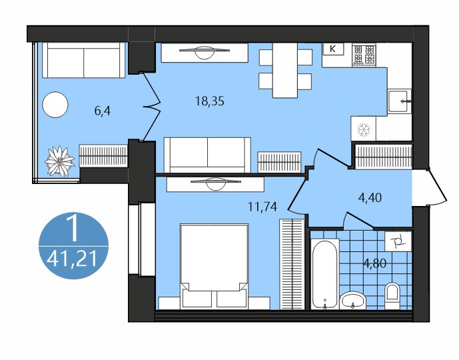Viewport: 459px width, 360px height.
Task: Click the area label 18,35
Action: [x=210, y=101]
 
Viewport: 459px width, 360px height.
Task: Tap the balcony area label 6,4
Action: [x=103, y=111]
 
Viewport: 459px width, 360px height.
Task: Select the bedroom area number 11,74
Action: [x=262, y=207]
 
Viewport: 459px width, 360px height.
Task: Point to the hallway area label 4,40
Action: [x=370, y=198]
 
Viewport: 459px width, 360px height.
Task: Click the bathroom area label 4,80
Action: [x=374, y=263]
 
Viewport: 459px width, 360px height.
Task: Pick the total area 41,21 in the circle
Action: [x=72, y=259]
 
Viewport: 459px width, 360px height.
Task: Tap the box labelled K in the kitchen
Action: [x=333, y=49]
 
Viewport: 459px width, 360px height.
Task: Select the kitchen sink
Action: [x=399, y=101]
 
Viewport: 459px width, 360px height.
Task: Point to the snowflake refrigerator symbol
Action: [x=364, y=129]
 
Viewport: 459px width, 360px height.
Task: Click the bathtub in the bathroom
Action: [x=324, y=274]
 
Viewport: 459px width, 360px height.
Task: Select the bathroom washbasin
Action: [x=353, y=300]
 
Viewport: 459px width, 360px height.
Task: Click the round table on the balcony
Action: [x=55, y=105]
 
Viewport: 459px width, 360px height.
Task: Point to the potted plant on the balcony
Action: [x=59, y=161]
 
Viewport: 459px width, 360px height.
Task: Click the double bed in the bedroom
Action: [x=215, y=266]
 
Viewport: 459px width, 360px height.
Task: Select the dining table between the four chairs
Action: [x=285, y=70]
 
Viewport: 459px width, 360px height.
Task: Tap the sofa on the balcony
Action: [x=84, y=60]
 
